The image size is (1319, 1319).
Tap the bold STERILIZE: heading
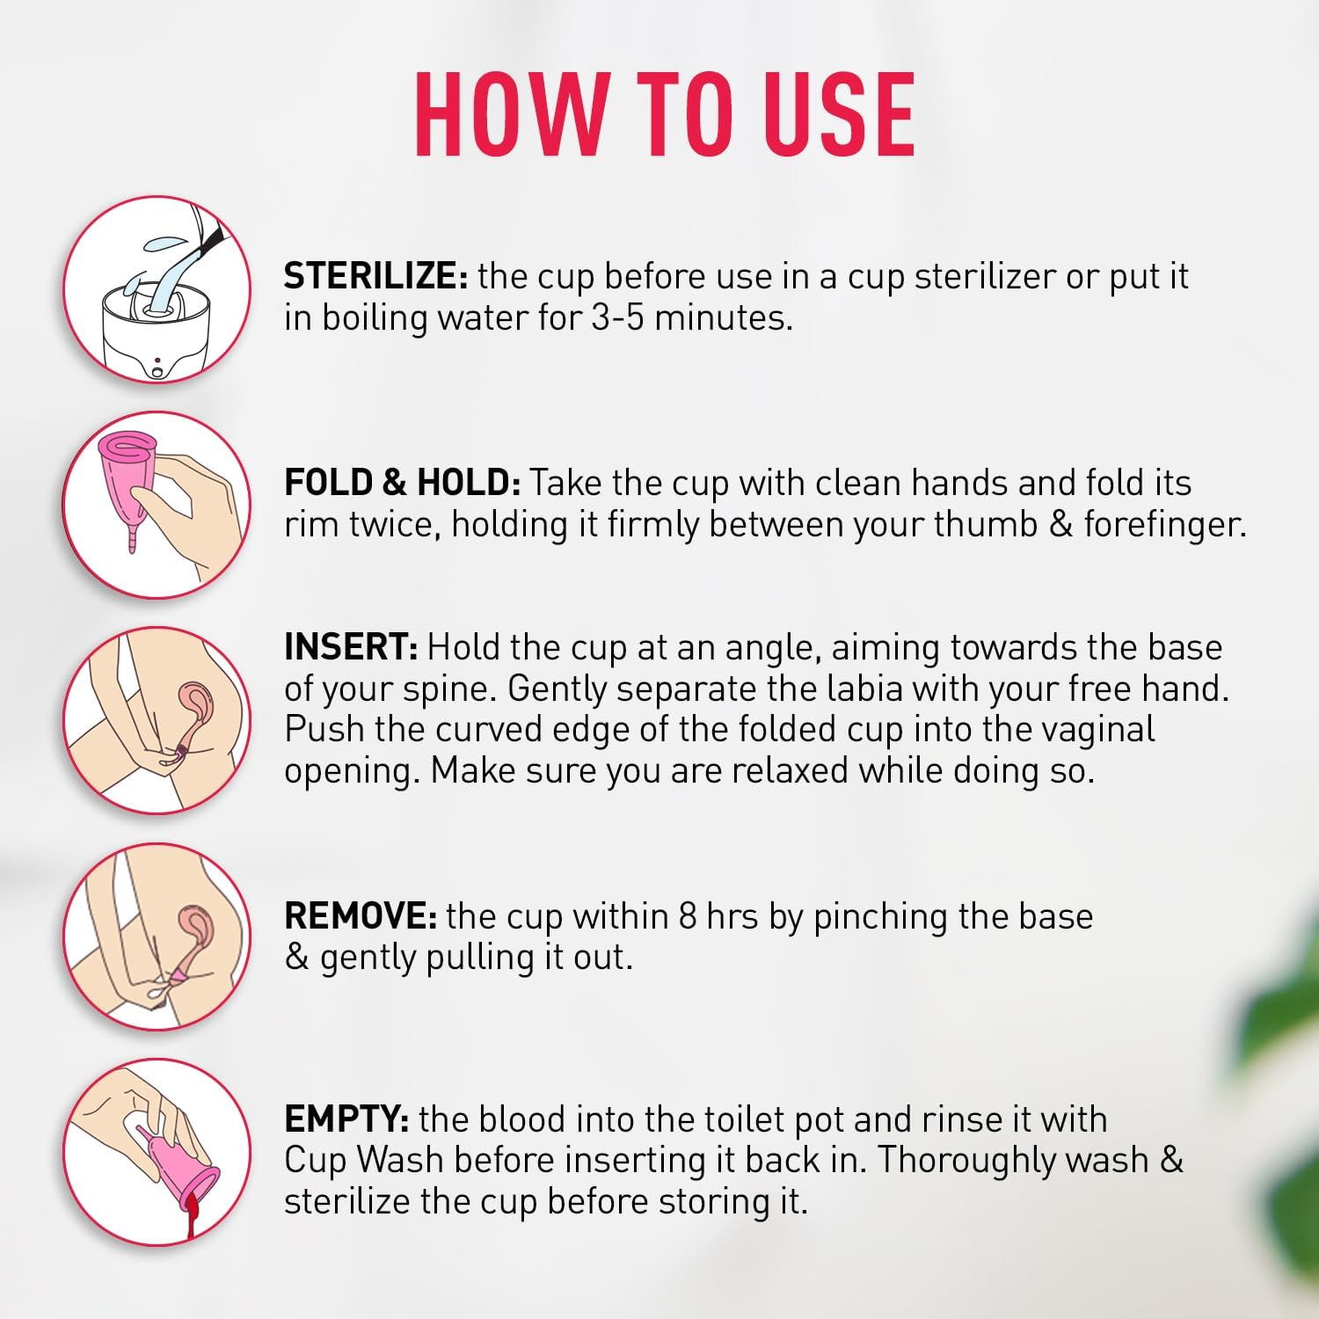click(375, 276)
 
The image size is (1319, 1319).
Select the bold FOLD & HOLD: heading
click(403, 483)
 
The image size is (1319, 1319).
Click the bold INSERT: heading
click(351, 647)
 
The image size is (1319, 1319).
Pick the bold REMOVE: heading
click(361, 916)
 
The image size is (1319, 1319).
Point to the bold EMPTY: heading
click(346, 1119)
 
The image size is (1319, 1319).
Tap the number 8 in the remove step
click(688, 916)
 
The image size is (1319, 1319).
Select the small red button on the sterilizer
click(157, 360)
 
